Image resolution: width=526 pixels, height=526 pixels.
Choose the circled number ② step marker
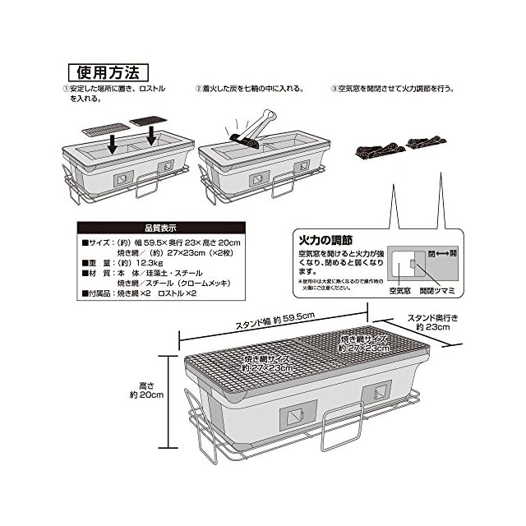click(198, 89)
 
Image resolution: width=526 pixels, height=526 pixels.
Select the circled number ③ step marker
click(334, 89)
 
